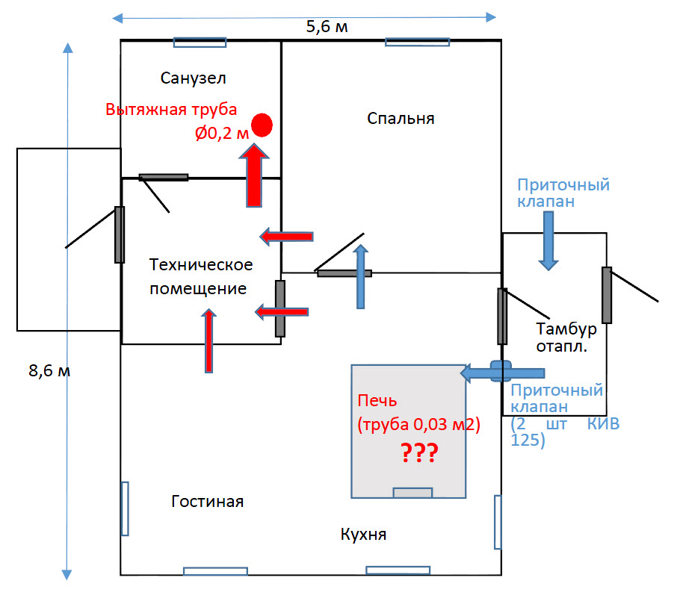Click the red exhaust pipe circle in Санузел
[262, 125]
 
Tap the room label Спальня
[401, 118]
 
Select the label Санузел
[193, 78]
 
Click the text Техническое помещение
[201, 276]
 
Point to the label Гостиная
[207, 501]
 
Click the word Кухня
[363, 535]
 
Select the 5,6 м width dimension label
[327, 28]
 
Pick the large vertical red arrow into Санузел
[256, 176]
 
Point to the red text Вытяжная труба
[171, 109]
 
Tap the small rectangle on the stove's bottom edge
[412, 493]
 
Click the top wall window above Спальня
[418, 42]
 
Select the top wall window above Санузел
[200, 42]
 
